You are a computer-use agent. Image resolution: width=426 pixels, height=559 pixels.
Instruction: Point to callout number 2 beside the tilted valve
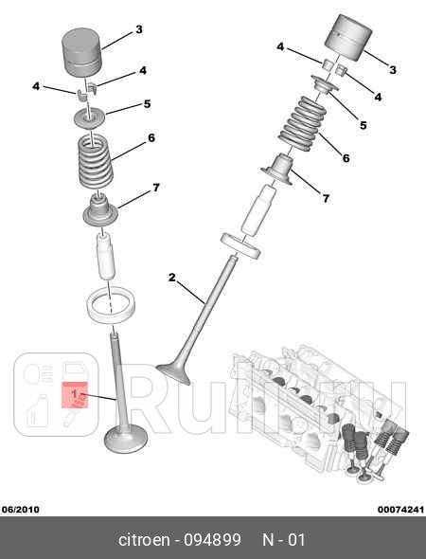click(172, 278)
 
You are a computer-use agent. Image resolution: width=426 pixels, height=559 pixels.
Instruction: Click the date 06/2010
click(20, 509)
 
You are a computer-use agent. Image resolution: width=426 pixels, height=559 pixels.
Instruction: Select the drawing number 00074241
click(399, 509)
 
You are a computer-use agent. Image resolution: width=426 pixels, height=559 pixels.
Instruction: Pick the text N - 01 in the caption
click(284, 540)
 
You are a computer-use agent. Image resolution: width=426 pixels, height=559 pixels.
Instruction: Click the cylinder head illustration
click(317, 407)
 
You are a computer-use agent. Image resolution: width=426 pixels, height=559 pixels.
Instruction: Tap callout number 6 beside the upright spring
click(151, 138)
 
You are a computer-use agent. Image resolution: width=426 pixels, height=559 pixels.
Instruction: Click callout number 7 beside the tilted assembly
click(326, 198)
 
